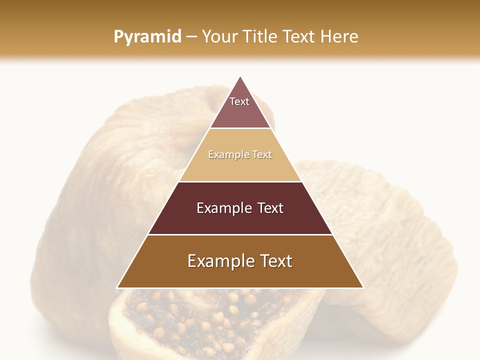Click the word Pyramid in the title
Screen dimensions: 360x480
[147, 37]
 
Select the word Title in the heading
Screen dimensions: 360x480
[261, 37]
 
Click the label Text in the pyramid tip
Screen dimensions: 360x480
[239, 101]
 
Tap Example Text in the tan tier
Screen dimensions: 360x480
[240, 154]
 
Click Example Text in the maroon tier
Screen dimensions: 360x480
[240, 208]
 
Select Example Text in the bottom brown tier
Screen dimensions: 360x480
[240, 261]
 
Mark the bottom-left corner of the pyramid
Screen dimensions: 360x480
[117, 287]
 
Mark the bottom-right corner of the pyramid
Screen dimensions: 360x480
[363, 287]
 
